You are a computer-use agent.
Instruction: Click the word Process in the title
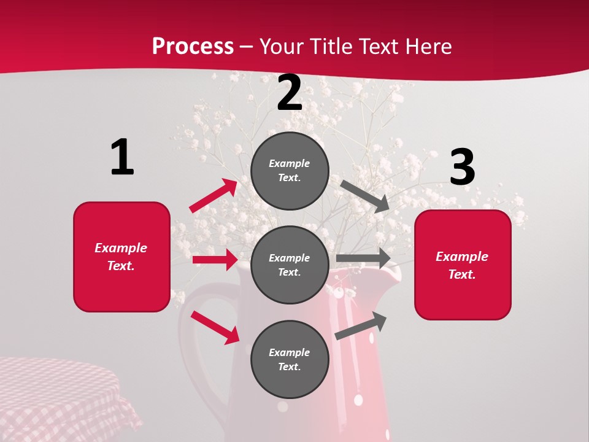[x=193, y=47]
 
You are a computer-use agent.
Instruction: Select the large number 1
[x=122, y=157]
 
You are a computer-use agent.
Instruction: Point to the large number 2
[x=289, y=93]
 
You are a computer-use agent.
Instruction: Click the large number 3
[x=462, y=167]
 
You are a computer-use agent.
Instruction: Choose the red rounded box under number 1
[x=121, y=257]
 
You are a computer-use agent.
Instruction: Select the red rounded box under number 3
[x=463, y=265]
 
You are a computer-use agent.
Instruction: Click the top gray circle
[x=290, y=171]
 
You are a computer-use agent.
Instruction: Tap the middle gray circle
[x=290, y=265]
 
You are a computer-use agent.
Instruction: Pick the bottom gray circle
[x=290, y=359]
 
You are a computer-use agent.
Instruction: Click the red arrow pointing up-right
[x=214, y=196]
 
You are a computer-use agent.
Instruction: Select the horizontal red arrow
[x=215, y=260]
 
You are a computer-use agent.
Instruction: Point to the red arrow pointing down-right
[x=215, y=327]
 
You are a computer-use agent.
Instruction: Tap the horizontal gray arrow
[x=363, y=258]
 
